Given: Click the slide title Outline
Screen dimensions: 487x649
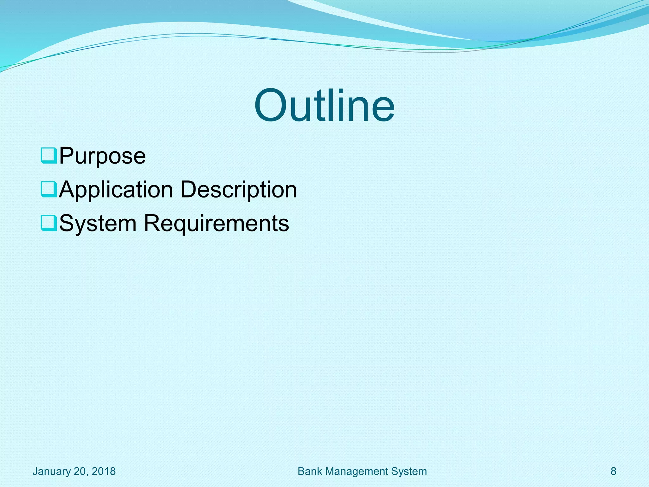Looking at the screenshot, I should (324, 105).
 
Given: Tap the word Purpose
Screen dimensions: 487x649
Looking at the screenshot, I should (102, 156).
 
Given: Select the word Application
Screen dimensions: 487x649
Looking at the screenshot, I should (116, 190).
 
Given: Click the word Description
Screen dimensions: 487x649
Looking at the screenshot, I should (239, 190).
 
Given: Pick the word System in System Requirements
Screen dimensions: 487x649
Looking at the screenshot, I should (98, 224).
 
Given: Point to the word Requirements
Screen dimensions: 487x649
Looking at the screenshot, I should (216, 224).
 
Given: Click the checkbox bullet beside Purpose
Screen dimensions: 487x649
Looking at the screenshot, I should (49, 155).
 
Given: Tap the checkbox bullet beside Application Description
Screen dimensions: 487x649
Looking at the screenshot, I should (49, 189).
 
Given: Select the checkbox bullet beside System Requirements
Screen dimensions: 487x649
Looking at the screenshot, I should (49, 223).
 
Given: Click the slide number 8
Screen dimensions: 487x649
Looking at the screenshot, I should (614, 471).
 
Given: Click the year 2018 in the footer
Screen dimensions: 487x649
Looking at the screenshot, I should (104, 471).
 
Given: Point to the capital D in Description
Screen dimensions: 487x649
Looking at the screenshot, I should (190, 189).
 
